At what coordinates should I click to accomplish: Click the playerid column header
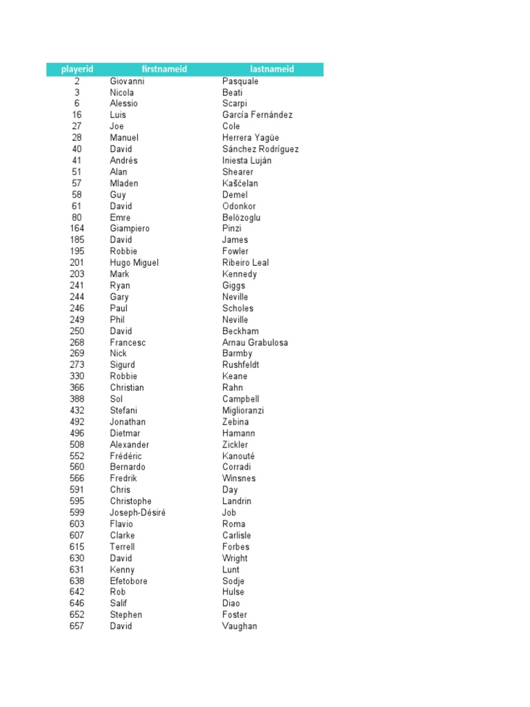tap(77, 69)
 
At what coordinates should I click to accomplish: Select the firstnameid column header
tap(164, 69)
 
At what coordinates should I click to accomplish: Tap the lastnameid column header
tap(272, 69)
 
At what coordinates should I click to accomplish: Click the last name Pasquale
tap(240, 81)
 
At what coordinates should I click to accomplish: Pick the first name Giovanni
tap(127, 81)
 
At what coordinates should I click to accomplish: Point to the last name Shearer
tap(237, 172)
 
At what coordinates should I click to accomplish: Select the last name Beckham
tap(240, 331)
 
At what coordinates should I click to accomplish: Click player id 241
tap(77, 285)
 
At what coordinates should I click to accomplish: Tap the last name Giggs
tap(233, 285)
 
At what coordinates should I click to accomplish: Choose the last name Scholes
tap(237, 308)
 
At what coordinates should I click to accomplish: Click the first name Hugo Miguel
tap(134, 262)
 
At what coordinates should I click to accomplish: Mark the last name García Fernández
tap(257, 115)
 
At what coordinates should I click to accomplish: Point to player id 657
tap(77, 626)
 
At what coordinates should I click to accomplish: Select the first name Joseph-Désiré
tap(137, 512)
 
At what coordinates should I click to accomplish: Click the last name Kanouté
tap(238, 456)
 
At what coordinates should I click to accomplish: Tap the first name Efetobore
tap(128, 581)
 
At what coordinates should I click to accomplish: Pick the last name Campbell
tap(241, 399)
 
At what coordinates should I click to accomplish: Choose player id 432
tap(77, 410)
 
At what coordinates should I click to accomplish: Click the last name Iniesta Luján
tap(246, 160)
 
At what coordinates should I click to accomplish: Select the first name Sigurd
tap(122, 365)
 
